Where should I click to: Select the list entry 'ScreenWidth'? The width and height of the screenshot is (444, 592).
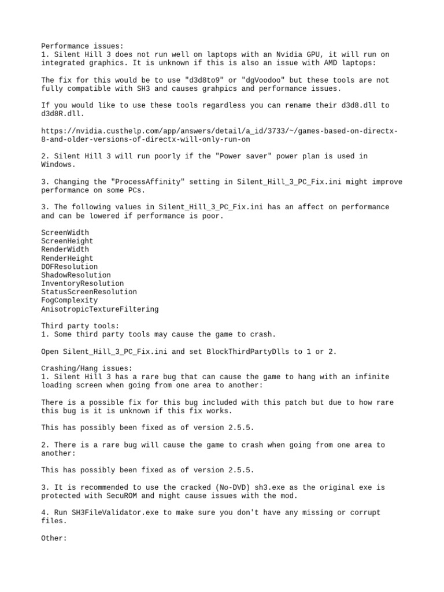(65, 232)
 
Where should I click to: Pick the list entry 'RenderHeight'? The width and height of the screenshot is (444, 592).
(67, 258)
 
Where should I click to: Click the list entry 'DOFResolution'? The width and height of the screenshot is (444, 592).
(69, 267)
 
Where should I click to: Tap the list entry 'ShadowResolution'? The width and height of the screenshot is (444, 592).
(76, 275)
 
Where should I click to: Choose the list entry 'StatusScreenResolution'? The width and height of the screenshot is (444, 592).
(89, 292)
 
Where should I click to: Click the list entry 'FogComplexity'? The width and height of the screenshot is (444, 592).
(69, 301)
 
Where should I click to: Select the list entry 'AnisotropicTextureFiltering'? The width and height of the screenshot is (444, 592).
(99, 309)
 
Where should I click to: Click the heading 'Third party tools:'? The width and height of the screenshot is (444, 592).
(80, 326)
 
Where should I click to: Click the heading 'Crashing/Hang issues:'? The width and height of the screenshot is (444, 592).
(87, 368)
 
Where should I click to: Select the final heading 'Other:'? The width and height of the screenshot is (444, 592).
(54, 538)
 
